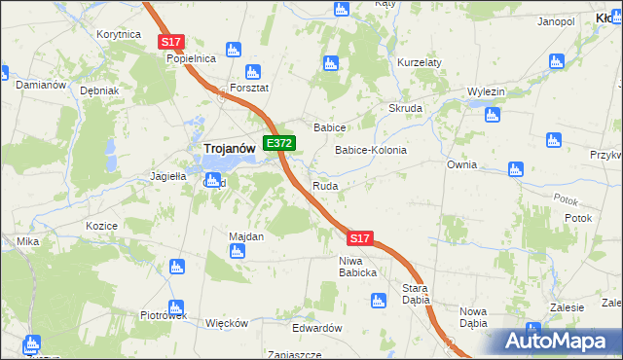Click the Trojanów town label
(229, 147)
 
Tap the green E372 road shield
(279, 143)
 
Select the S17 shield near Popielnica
(171, 42)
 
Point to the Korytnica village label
(119, 34)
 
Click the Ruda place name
(325, 185)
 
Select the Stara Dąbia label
(417, 294)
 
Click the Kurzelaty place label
(420, 62)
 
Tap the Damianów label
(41, 85)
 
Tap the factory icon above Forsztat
(253, 71)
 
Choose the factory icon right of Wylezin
(492, 115)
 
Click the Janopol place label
(555, 20)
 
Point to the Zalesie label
(566, 306)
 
